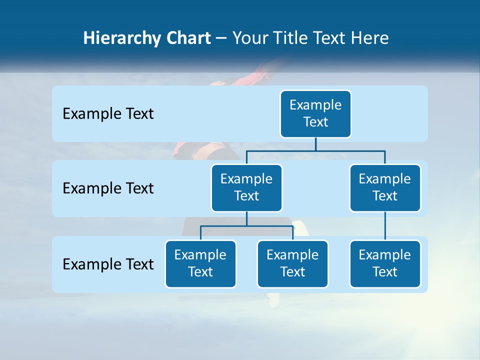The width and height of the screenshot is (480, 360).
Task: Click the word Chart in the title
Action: tap(186, 38)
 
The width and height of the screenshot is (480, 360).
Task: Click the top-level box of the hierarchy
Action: tap(315, 114)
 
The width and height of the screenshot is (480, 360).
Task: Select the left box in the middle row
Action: tap(246, 188)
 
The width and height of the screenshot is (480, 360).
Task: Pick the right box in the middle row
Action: tap(385, 188)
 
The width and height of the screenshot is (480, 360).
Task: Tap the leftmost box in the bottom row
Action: tap(200, 264)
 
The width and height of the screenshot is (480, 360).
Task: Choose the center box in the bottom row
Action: tap(292, 264)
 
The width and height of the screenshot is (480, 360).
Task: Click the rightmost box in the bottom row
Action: tap(385, 264)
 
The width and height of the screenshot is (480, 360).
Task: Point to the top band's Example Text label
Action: tap(108, 114)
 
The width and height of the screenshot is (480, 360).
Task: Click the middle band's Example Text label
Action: tap(108, 188)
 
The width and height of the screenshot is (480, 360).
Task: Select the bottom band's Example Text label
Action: tap(108, 264)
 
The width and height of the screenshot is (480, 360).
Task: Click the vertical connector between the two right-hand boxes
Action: tap(385, 226)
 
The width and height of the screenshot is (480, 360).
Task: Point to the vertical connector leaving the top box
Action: tap(315, 144)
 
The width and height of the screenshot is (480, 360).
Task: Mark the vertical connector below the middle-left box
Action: tap(246, 219)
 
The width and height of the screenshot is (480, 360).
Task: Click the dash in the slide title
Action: tap(221, 38)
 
